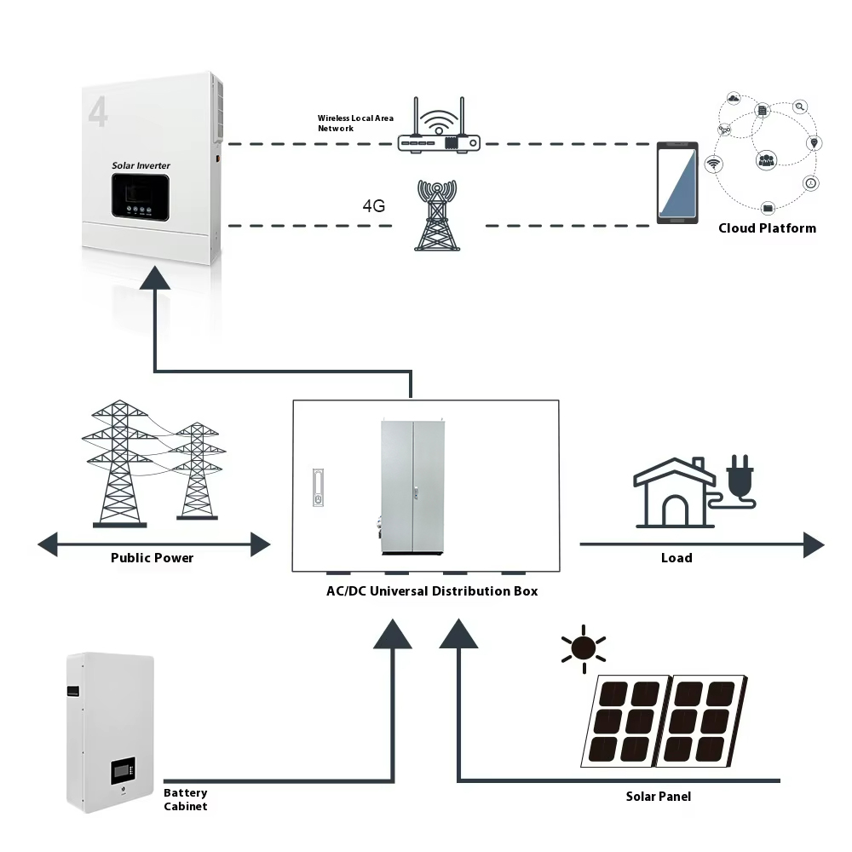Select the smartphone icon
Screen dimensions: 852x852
point(677,184)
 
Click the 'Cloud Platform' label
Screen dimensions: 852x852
point(767,228)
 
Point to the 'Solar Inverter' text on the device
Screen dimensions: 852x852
point(141,165)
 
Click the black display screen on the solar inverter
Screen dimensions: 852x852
point(144,197)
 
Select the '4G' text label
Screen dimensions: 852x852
point(374,206)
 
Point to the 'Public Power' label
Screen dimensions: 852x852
point(152,558)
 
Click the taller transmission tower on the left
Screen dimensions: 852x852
point(118,464)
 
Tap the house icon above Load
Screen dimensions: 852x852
point(674,493)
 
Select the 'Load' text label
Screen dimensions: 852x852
point(676,558)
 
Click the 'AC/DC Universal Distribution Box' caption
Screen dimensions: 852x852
point(426,590)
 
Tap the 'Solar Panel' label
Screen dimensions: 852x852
point(658,797)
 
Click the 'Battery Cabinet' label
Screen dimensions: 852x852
point(186,799)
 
